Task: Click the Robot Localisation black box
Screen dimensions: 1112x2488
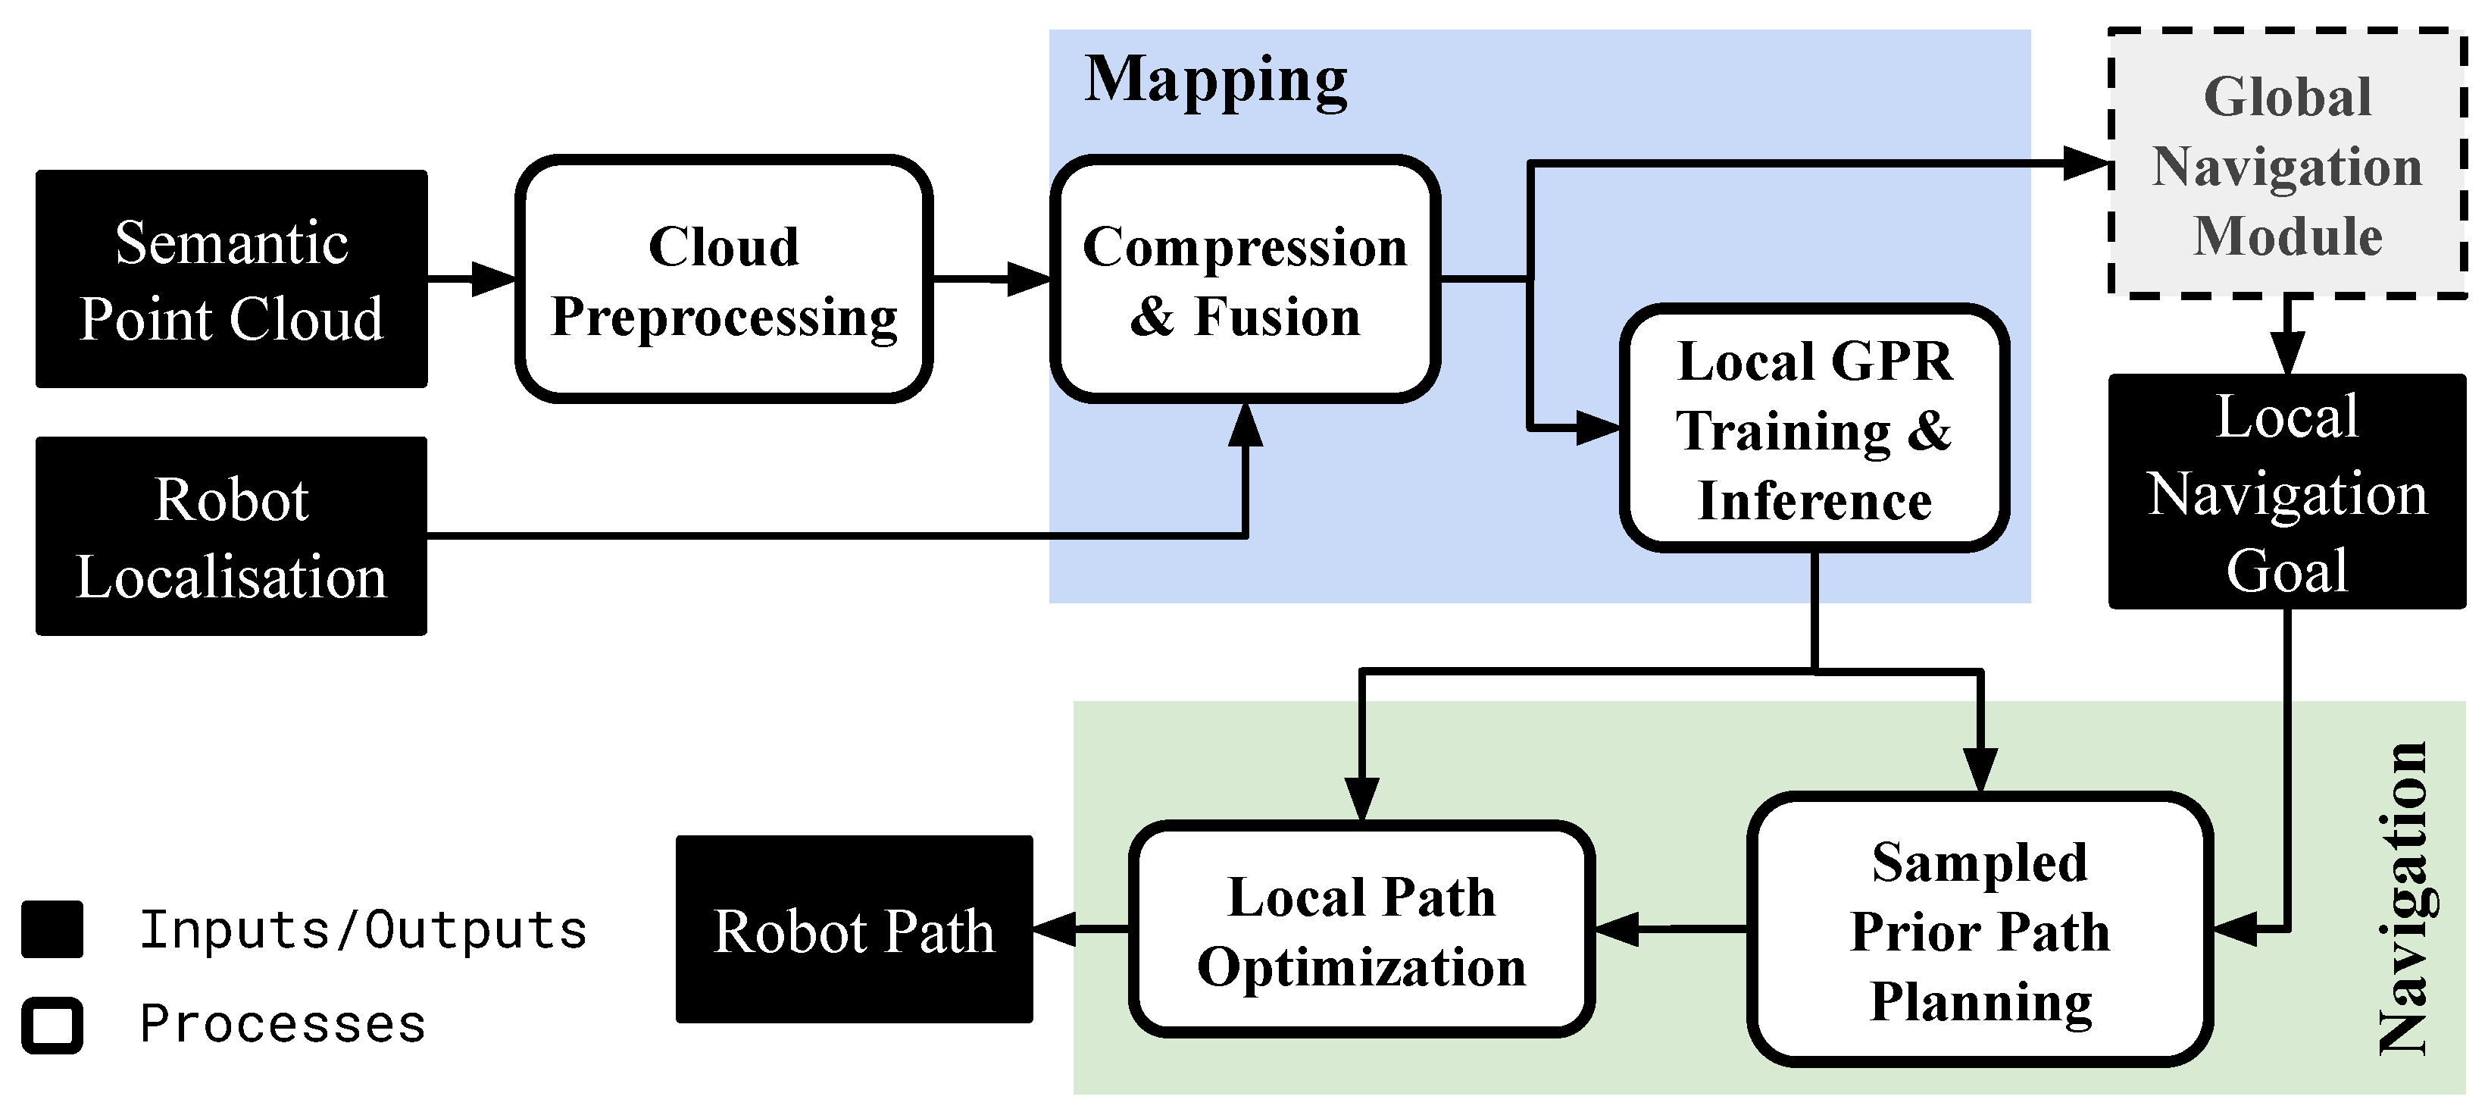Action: [x=231, y=536]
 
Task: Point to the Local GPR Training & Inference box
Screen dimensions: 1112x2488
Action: [x=1814, y=429]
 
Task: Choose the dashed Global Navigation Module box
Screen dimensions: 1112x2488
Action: [x=2286, y=164]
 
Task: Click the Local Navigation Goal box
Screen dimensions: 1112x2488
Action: [x=2286, y=492]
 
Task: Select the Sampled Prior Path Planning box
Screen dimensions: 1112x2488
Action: [x=1980, y=929]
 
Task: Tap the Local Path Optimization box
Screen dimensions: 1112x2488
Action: [x=1361, y=929]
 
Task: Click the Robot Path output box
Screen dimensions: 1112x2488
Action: [x=854, y=929]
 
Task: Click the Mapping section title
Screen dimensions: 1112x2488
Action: [x=1215, y=80]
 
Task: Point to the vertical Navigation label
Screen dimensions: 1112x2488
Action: [x=2403, y=898]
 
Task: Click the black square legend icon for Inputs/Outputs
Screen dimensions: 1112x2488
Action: [x=52, y=929]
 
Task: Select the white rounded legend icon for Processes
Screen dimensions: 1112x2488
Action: [x=52, y=1025]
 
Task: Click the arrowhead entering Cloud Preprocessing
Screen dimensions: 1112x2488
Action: [x=495, y=279]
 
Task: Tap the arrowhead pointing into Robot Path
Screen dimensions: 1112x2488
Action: [x=1055, y=929]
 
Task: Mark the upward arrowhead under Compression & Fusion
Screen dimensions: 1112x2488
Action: [x=1245, y=425]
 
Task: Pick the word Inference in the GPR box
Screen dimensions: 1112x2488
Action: [x=1814, y=500]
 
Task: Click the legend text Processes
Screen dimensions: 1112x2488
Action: [x=282, y=1023]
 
